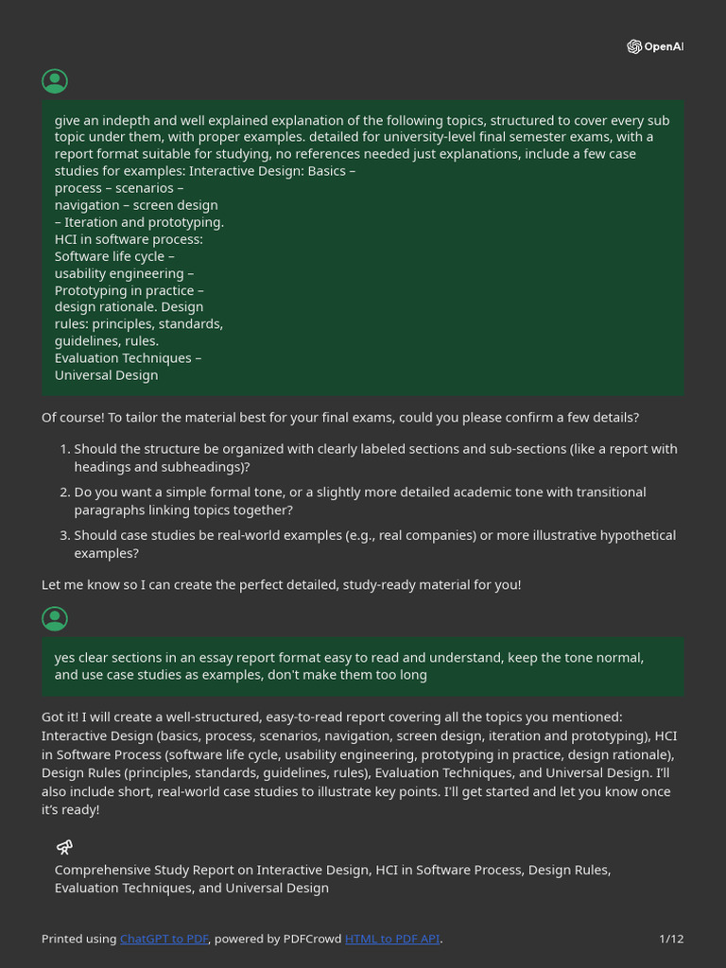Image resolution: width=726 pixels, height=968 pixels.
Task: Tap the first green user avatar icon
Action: click(x=55, y=81)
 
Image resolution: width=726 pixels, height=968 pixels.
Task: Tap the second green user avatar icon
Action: click(x=55, y=619)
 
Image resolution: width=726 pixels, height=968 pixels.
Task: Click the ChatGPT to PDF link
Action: click(x=164, y=939)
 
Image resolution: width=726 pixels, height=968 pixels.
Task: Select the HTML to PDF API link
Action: click(x=392, y=939)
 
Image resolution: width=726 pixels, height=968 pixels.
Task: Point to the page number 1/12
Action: click(x=671, y=939)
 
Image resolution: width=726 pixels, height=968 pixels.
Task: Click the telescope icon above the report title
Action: click(x=64, y=847)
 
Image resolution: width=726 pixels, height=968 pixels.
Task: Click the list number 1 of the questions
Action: click(x=64, y=449)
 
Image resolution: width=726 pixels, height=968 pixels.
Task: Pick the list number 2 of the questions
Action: click(x=64, y=493)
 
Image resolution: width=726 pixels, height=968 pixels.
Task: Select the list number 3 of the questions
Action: click(x=64, y=535)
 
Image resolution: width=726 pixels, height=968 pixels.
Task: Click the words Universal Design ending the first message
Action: click(x=106, y=375)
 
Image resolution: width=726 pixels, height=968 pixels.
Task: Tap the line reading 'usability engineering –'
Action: click(x=124, y=273)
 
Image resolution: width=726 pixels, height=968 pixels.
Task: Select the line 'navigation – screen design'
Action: click(x=136, y=205)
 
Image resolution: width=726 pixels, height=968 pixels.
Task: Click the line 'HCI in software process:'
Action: click(x=129, y=239)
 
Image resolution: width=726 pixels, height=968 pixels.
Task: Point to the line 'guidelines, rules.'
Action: click(x=107, y=341)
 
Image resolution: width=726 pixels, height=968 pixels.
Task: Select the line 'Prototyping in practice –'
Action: click(x=129, y=290)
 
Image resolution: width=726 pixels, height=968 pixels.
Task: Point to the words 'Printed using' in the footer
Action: click(x=78, y=939)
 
